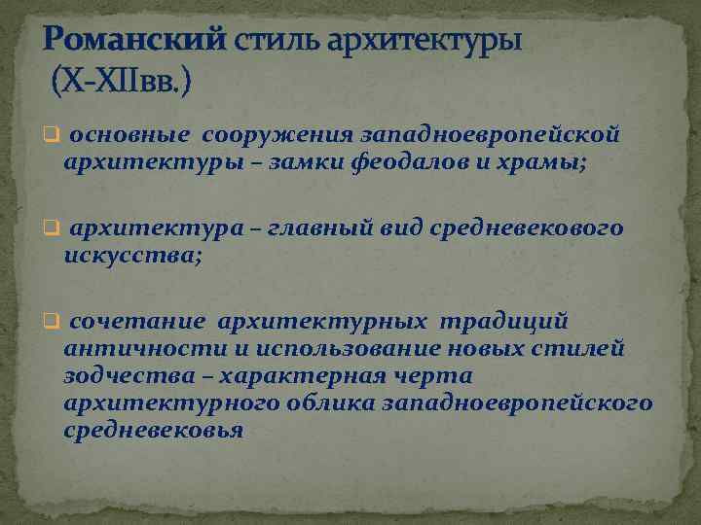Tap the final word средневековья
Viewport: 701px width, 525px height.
152,430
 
